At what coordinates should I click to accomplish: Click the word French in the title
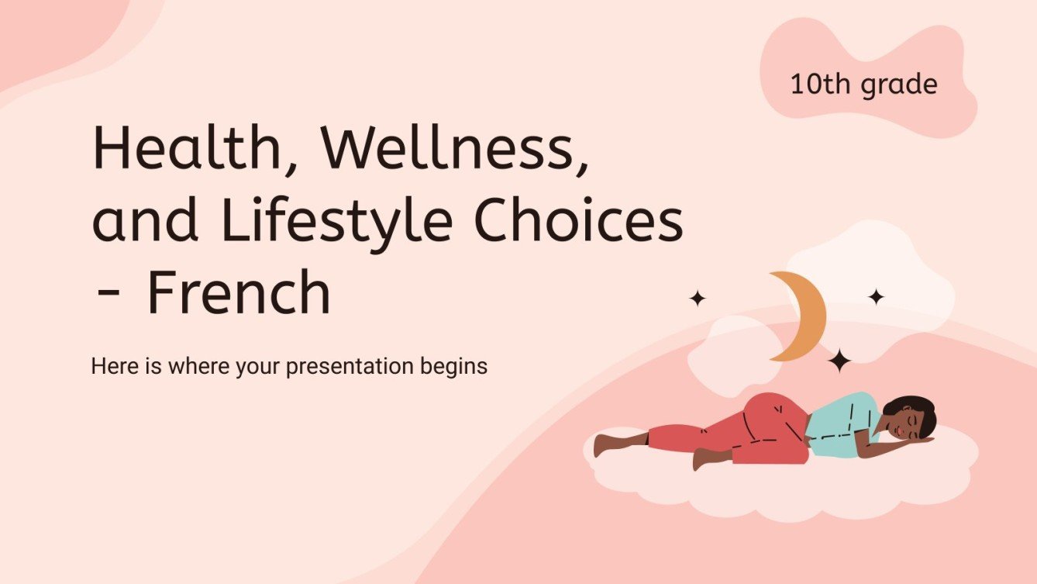point(238,293)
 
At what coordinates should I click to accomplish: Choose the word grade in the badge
point(899,85)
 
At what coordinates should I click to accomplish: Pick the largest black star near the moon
point(839,360)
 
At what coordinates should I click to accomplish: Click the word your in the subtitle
point(258,366)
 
